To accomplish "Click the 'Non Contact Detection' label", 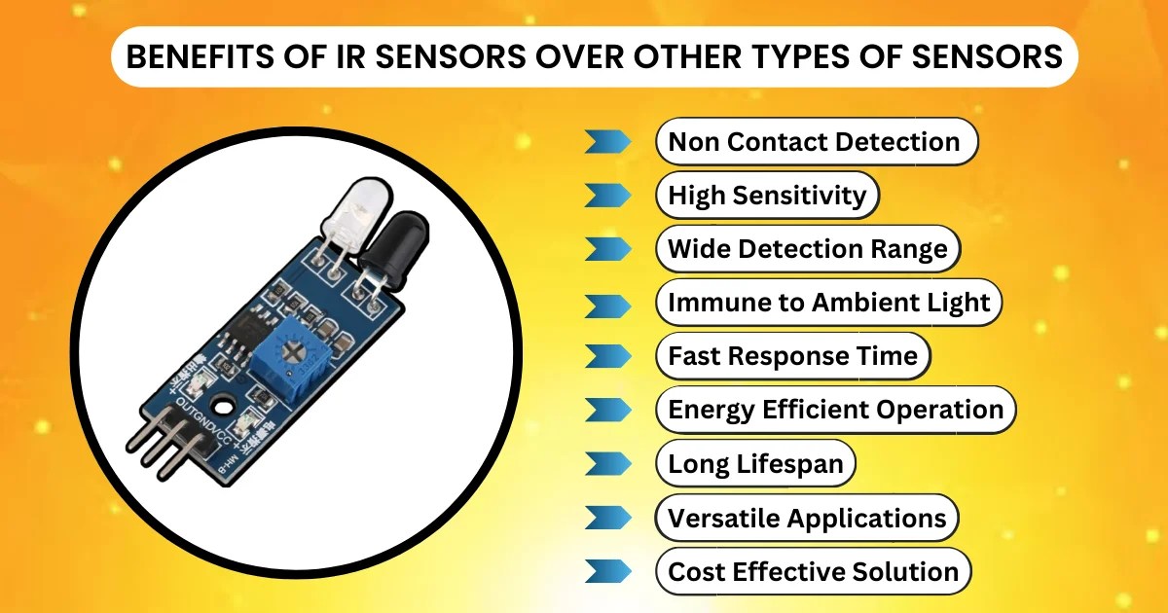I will pos(814,142).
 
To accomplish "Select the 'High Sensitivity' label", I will pos(767,196).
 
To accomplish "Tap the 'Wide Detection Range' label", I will pos(807,249).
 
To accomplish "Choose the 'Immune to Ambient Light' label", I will pos(828,303).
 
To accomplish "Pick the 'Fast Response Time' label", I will pos(792,356).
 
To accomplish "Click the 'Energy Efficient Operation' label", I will pos(835,410).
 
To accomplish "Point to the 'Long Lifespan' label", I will pos(755,463).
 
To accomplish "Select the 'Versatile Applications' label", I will pos(807,518).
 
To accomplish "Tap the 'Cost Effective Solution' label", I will pos(814,571).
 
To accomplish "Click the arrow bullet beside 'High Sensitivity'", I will pos(607,196).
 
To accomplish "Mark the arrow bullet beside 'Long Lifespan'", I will pos(607,463).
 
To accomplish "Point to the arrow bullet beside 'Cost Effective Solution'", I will pos(607,571).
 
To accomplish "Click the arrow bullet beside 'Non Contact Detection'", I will pos(607,142).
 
